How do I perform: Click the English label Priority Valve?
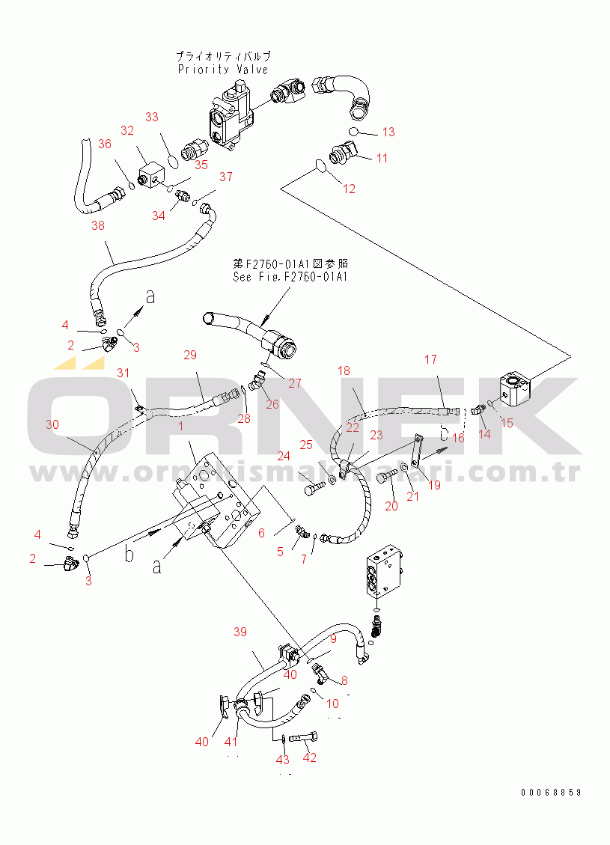tap(222, 70)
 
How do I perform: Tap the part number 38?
tap(98, 225)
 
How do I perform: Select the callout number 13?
tap(388, 132)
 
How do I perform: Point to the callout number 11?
tap(382, 158)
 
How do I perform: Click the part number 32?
tap(127, 131)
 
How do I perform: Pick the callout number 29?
tap(189, 354)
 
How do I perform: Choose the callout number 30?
tap(52, 424)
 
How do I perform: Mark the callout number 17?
tap(430, 359)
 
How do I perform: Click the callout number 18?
tap(344, 370)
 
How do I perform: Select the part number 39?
tap(240, 632)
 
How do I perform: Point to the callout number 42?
tap(310, 757)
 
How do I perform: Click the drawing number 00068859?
tap(552, 792)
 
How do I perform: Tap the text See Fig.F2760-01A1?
tap(290, 276)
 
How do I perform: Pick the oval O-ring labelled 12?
tap(320, 166)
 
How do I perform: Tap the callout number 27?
tap(295, 383)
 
